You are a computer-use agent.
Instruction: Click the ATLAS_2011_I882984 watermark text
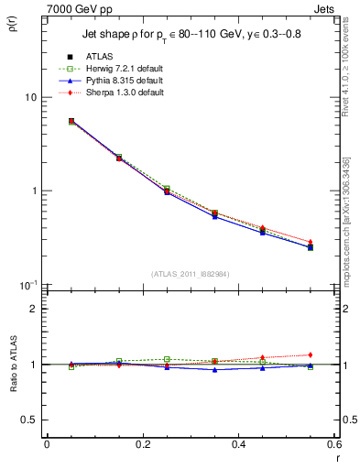(x=190, y=273)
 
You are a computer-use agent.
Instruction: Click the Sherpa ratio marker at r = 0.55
(x=311, y=354)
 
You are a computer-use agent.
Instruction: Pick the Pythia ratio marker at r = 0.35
(x=214, y=369)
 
